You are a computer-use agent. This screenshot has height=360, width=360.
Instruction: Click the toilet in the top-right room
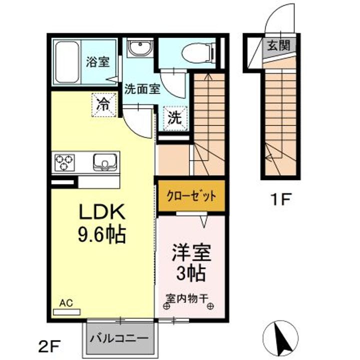point(198,53)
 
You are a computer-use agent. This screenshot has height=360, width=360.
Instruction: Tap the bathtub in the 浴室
point(67,62)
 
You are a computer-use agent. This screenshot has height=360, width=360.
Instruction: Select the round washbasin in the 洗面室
point(139,47)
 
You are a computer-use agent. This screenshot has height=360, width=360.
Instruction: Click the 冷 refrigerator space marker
point(104,105)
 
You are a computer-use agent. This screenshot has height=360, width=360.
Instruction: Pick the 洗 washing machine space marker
point(175,118)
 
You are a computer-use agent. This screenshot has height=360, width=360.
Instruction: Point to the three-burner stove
point(64,162)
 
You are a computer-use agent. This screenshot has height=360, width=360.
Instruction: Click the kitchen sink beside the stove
point(104,162)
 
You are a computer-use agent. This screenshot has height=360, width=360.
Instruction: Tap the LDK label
point(102,211)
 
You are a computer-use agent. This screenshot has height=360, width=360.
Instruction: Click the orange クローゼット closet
point(191,196)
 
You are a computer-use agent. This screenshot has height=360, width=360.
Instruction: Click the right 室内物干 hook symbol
point(210,306)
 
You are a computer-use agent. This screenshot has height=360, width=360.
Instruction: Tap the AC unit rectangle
point(66,312)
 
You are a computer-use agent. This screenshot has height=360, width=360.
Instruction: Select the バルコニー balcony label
point(119,338)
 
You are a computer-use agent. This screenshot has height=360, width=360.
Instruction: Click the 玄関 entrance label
point(279,45)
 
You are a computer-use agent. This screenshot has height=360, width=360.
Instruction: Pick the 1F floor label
point(281,199)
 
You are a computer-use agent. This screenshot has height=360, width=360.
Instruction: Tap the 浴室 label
point(98,61)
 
